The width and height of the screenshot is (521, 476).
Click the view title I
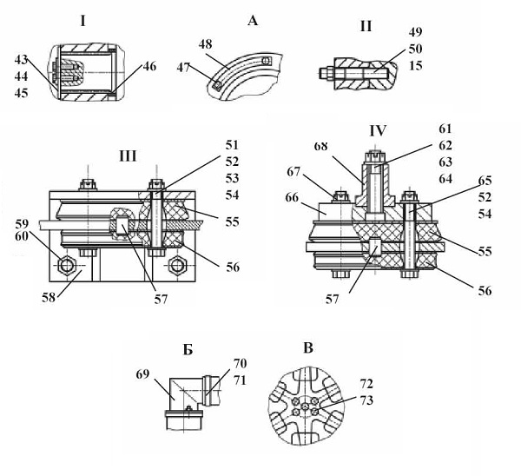82,22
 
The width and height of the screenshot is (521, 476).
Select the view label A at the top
253,21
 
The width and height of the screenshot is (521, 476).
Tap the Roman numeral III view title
128,155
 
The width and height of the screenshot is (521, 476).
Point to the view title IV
378,130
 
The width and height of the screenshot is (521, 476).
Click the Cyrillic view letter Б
188,350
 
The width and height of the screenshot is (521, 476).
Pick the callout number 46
149,66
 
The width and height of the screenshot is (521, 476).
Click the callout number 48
205,44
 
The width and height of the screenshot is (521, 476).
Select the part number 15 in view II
415,65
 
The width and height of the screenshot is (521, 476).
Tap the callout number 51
232,145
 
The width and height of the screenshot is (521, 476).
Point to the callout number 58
48,297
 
